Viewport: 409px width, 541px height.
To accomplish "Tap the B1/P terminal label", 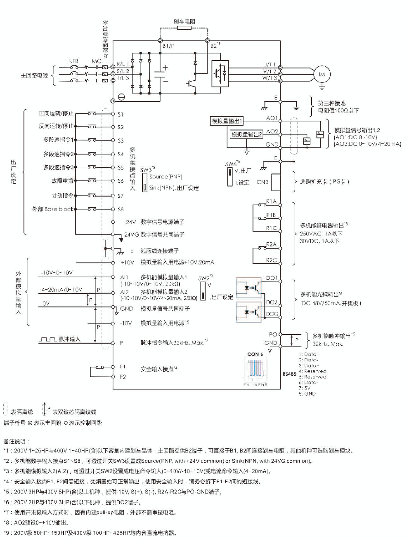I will point(168,46).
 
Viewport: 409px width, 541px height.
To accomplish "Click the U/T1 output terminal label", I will point(270,65).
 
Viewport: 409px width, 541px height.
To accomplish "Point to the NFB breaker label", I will point(73,61).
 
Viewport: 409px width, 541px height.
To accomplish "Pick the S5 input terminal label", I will point(121,168).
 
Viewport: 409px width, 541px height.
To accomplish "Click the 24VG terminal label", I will point(131,234).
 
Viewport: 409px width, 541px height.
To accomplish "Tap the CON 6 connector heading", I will point(255,354).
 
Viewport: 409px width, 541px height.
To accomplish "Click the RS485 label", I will point(290,374).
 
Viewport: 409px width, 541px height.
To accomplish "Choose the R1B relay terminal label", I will point(271,215).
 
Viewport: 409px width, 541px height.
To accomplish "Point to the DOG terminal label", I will point(272,314).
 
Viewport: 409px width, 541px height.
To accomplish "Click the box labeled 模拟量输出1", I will point(227,121).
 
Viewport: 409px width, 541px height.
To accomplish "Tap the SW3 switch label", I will point(146,169).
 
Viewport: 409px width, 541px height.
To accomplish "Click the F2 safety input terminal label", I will point(123,377).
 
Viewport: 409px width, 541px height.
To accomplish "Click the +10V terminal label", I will point(127,262).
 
